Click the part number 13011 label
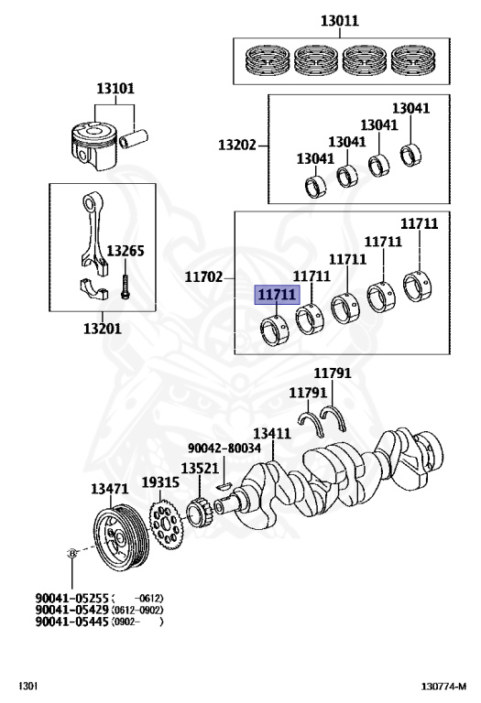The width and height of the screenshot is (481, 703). [x=339, y=20]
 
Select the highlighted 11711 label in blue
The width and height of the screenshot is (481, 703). [x=276, y=295]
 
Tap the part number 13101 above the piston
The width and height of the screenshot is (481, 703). [x=115, y=89]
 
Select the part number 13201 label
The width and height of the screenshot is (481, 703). [x=101, y=329]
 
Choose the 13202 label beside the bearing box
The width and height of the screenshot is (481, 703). [x=236, y=145]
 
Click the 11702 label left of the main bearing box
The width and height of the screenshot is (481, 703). [x=203, y=275]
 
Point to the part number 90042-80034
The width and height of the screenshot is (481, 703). [x=224, y=449]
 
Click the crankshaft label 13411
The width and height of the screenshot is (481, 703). [x=272, y=433]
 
